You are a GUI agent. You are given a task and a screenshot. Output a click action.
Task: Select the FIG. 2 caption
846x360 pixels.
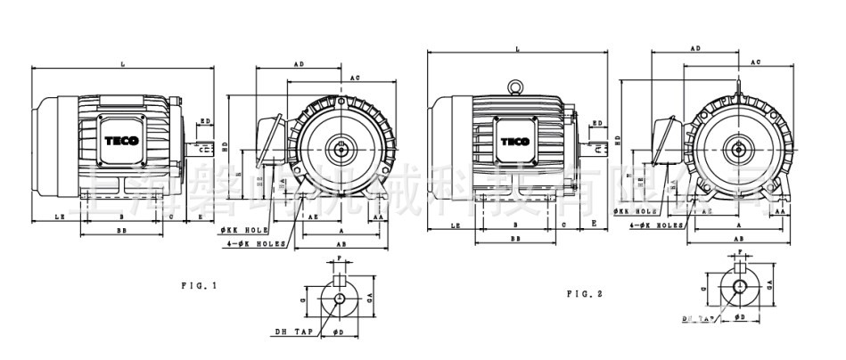585,292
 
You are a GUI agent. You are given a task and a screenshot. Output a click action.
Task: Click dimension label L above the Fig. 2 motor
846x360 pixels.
516,49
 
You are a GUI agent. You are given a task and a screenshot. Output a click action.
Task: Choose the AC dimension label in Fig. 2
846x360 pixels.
755,62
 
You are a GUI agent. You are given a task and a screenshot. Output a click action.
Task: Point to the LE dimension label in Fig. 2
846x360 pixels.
456,226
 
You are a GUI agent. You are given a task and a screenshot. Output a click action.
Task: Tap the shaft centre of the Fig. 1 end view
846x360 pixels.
341,144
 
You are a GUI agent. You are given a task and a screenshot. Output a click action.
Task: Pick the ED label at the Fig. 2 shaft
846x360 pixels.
597,123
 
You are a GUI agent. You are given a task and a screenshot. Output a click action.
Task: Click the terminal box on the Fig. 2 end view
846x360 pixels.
664,141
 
